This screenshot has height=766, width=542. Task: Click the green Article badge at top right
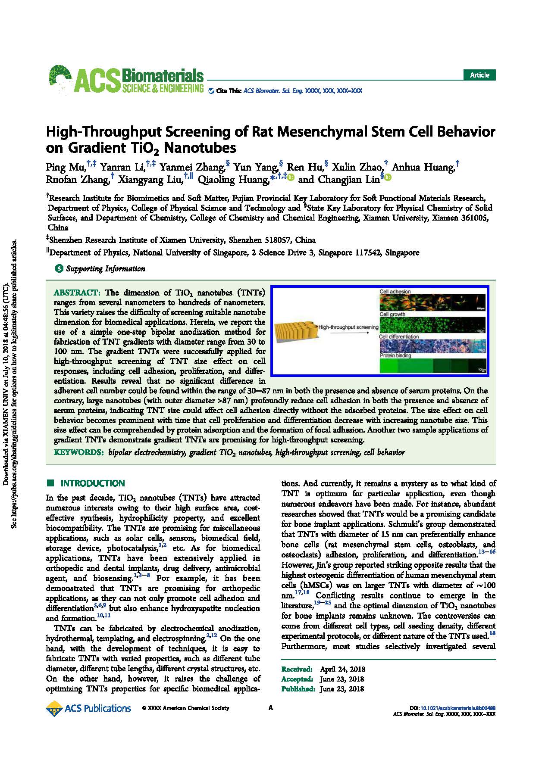[x=479, y=75]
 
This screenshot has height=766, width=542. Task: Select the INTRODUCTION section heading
[x=93, y=483]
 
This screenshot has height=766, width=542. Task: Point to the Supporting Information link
[x=105, y=269]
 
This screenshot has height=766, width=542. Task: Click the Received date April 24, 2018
[x=342, y=669]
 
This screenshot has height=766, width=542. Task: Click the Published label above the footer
[x=298, y=689]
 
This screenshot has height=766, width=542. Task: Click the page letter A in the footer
[x=271, y=708]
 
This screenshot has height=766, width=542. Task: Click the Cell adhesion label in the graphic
[x=395, y=292]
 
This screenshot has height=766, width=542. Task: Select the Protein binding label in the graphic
[x=395, y=356]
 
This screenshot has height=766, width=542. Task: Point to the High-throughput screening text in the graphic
[x=348, y=327]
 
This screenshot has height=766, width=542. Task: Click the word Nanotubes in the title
[x=201, y=148]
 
